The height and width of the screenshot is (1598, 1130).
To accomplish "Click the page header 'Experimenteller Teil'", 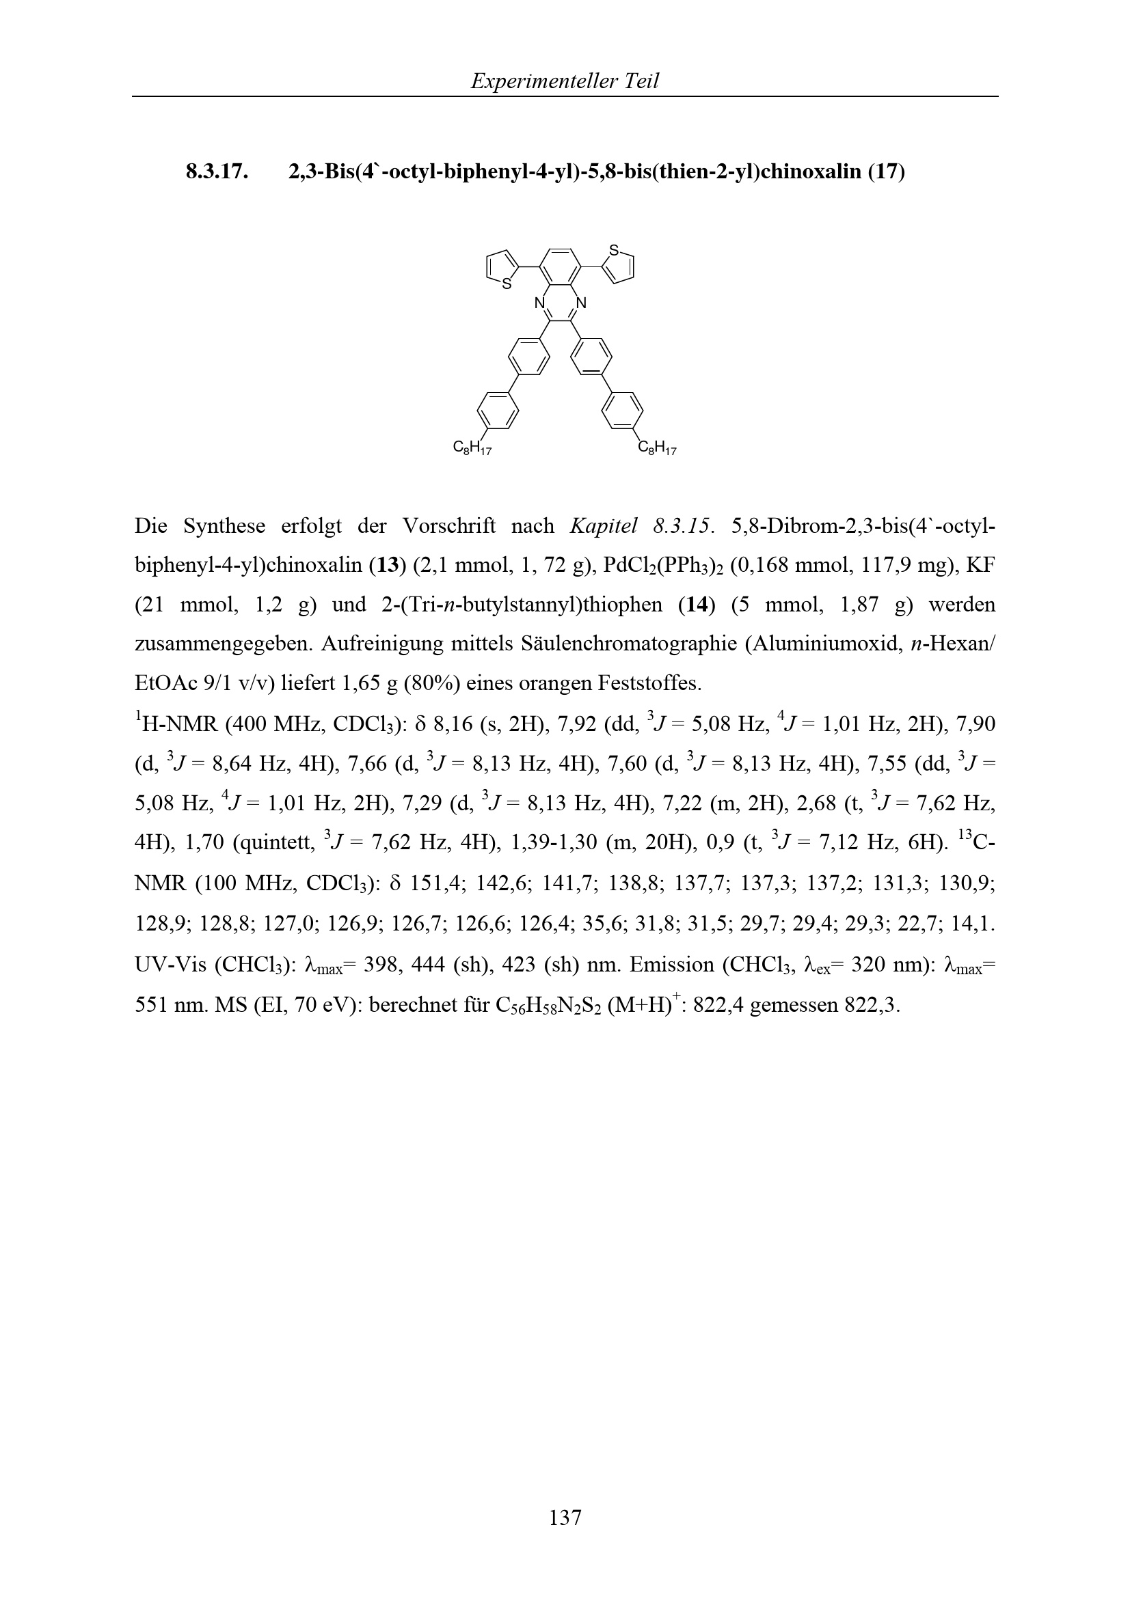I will [x=564, y=81].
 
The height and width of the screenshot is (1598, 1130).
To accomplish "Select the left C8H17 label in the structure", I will [x=472, y=448].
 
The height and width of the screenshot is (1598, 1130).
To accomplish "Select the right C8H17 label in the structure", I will [x=657, y=448].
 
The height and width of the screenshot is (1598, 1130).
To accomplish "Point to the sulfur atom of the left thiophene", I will [x=507, y=284].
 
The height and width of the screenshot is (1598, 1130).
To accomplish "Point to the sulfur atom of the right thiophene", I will [x=613, y=249].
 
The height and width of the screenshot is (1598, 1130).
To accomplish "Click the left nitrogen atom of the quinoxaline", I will [x=539, y=303].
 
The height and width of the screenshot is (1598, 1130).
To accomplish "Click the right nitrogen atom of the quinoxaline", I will [x=582, y=303].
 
